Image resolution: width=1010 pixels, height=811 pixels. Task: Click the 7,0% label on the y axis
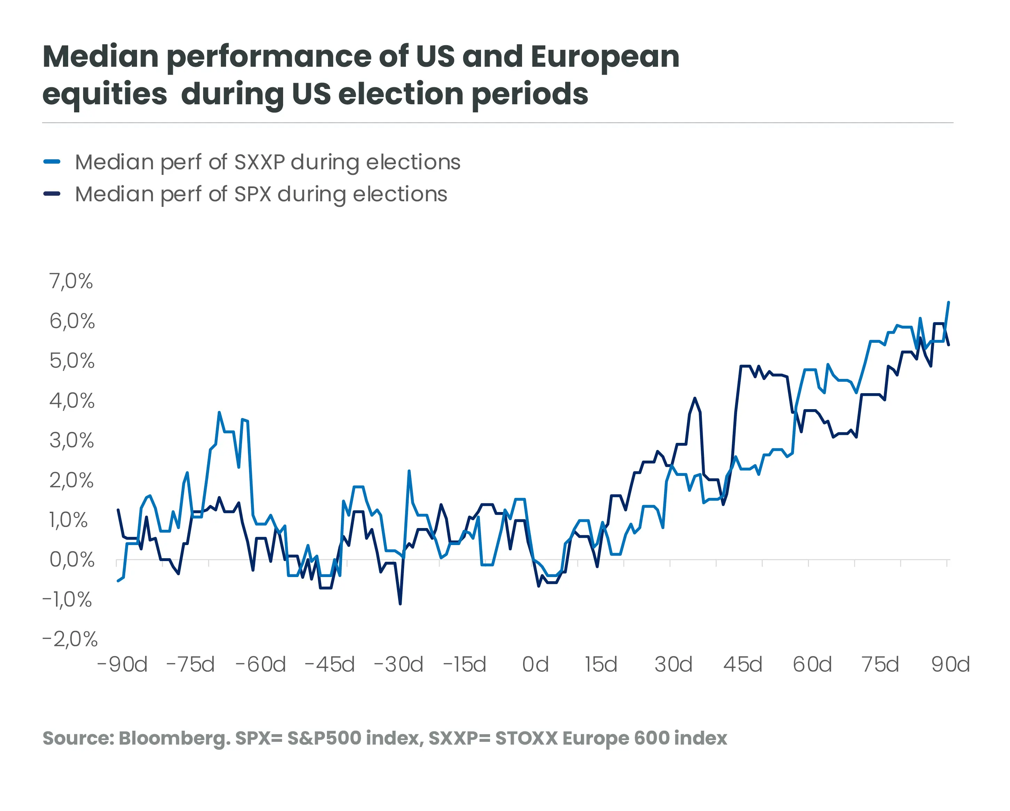[71, 282]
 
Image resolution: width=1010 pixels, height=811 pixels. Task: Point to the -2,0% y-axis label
[70, 639]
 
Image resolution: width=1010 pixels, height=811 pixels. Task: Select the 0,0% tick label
[72, 560]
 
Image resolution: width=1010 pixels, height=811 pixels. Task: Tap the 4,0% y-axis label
[72, 401]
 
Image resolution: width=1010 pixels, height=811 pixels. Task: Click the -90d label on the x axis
[122, 664]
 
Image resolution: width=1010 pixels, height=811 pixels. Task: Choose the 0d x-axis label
[535, 664]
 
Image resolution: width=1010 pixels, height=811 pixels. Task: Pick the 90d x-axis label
[950, 664]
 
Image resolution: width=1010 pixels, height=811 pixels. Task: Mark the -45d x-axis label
[329, 664]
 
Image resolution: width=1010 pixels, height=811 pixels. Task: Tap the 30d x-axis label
[673, 664]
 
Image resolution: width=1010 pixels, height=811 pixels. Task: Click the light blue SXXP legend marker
[51, 162]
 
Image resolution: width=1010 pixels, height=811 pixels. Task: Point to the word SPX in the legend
[252, 194]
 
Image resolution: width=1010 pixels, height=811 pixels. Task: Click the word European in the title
[605, 57]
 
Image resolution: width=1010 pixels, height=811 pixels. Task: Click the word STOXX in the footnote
[526, 738]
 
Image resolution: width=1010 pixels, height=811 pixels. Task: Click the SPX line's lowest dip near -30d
[400, 603]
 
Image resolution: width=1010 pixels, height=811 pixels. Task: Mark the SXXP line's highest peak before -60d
[219, 413]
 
